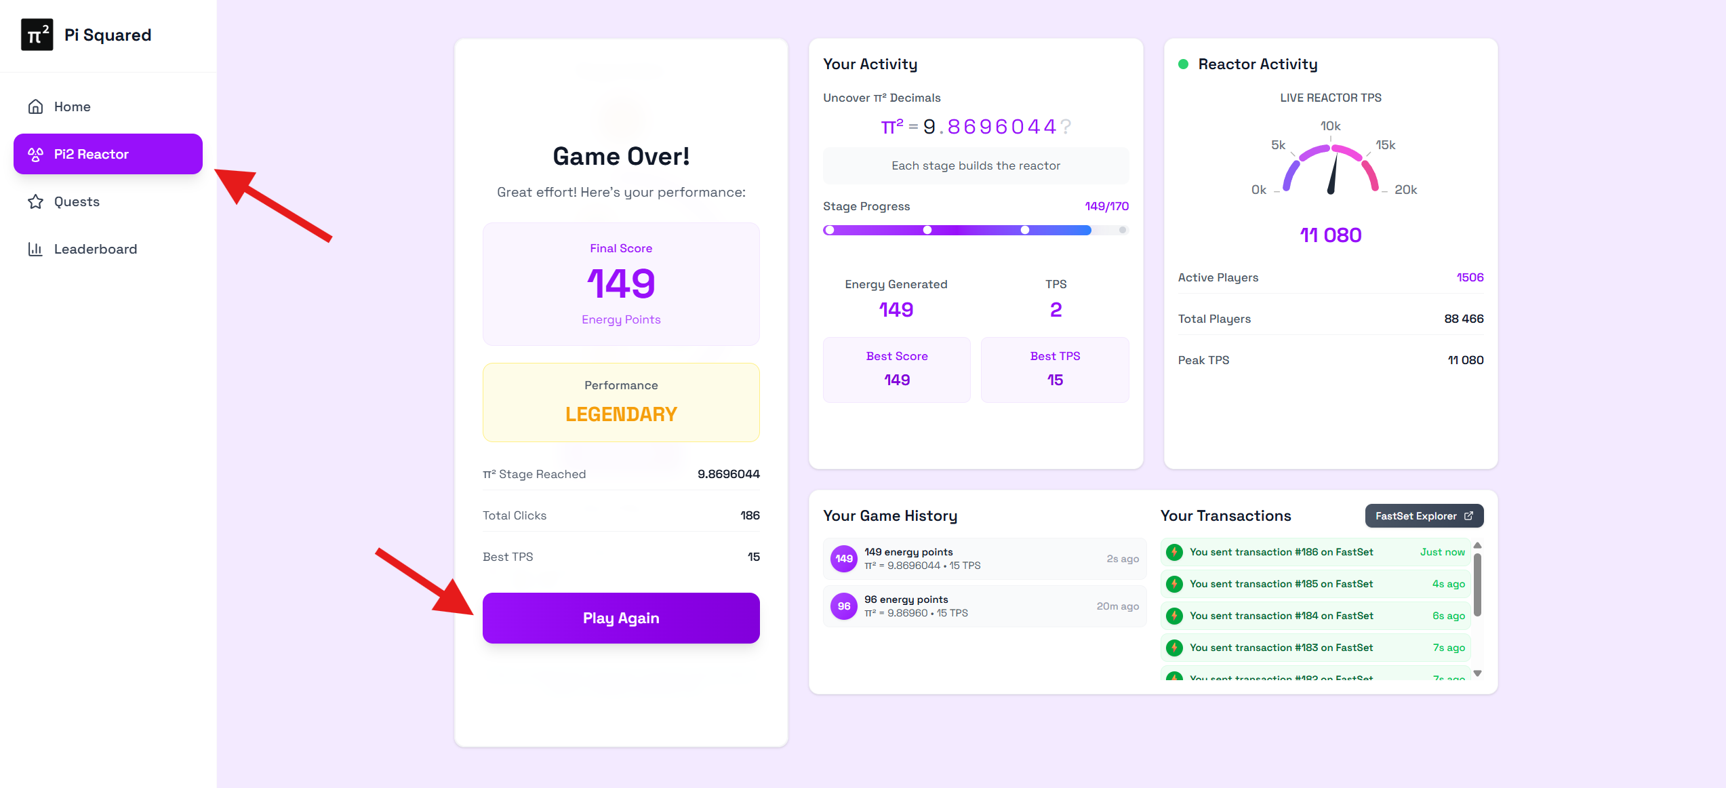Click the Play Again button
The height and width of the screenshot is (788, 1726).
[620, 618]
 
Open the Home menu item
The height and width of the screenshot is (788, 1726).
[72, 106]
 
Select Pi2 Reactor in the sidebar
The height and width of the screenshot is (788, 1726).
[108, 154]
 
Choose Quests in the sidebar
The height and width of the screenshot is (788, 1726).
[76, 201]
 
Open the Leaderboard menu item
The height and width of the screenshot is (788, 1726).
[95, 249]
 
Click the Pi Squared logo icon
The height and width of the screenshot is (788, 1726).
[37, 35]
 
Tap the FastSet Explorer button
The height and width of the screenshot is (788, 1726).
[1424, 516]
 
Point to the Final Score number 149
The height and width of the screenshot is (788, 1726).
[621, 283]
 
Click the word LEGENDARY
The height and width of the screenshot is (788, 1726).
[621, 414]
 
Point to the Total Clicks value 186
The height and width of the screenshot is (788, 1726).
[749, 515]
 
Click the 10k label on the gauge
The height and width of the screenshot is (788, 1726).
[1330, 126]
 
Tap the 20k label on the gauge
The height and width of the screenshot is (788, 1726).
[1405, 190]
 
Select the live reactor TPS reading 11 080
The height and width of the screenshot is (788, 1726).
[1330, 235]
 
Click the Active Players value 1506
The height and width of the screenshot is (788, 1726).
[1470, 277]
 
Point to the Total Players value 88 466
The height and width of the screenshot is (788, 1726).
[1463, 319]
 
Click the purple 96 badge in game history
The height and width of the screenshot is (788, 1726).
[843, 606]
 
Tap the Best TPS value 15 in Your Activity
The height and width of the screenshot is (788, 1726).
[1055, 380]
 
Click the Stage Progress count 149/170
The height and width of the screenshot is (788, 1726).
[1106, 206]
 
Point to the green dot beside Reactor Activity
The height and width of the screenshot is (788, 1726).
[1183, 64]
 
